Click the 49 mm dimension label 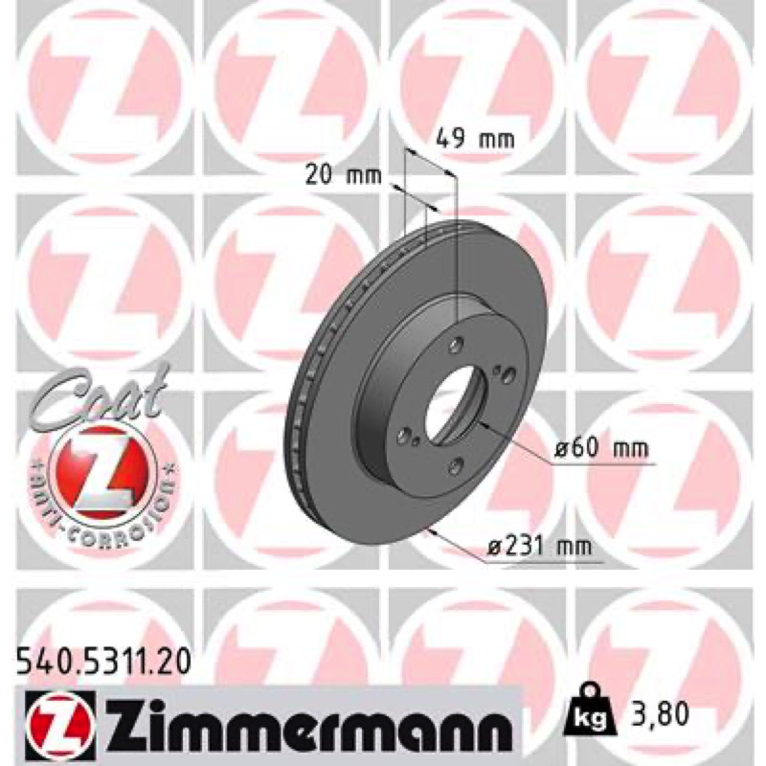[x=474, y=140]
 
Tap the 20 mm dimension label [x=343, y=175]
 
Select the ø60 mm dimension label [x=602, y=448]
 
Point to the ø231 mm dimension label [x=540, y=545]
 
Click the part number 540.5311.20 [x=103, y=663]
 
